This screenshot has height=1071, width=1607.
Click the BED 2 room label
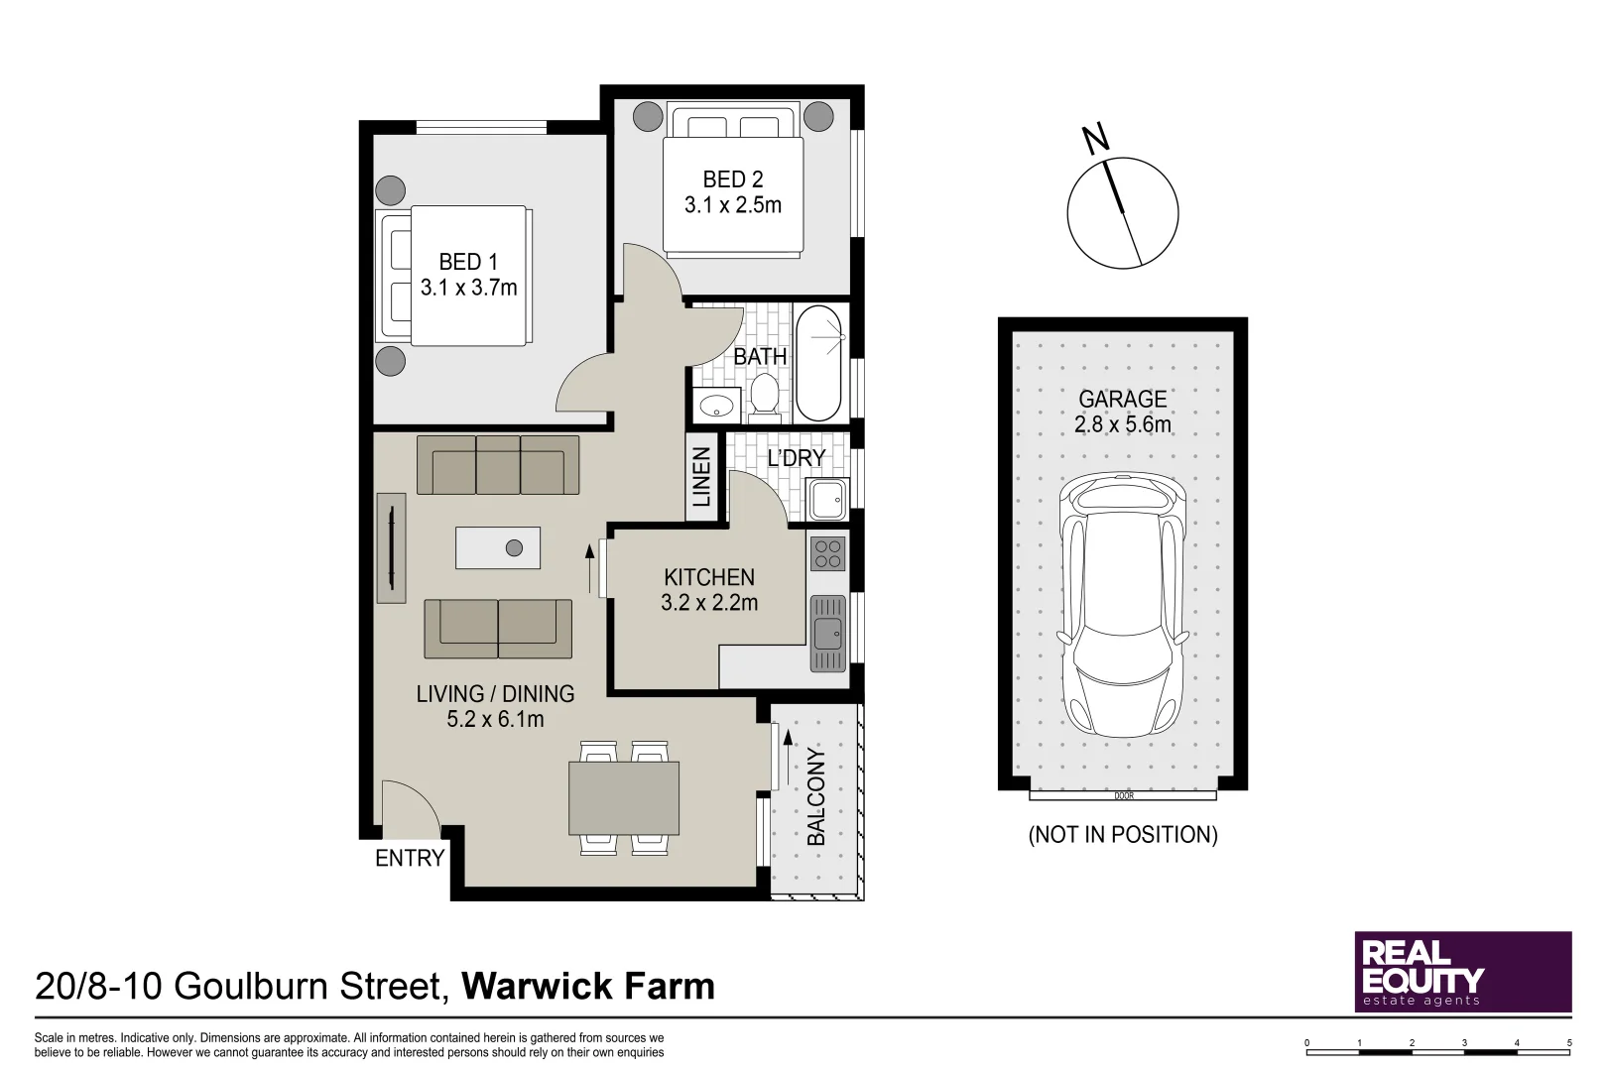point(732,179)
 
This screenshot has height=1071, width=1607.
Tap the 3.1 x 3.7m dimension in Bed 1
point(468,288)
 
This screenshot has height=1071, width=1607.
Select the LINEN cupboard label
point(701,477)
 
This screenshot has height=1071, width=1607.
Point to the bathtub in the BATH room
point(818,362)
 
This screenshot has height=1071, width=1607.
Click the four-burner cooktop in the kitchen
point(827,553)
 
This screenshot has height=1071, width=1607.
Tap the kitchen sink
point(827,633)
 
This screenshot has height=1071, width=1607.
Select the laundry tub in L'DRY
point(827,499)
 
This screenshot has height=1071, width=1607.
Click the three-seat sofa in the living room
point(498,465)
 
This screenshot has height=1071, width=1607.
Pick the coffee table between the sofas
point(498,547)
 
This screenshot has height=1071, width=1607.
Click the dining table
point(623,797)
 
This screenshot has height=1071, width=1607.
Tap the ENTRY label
point(409,858)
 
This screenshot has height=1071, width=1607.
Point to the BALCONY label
point(816,796)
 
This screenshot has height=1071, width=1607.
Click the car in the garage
point(1122,605)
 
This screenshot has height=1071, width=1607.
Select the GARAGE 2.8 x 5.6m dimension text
point(1122,424)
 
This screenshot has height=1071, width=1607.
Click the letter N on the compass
point(1095,139)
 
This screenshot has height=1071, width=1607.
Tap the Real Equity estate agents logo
point(1462,971)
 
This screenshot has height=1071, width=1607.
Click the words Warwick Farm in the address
point(587,986)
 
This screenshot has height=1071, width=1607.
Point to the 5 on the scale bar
point(1569,1042)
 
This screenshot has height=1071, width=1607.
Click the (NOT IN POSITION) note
point(1122,834)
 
